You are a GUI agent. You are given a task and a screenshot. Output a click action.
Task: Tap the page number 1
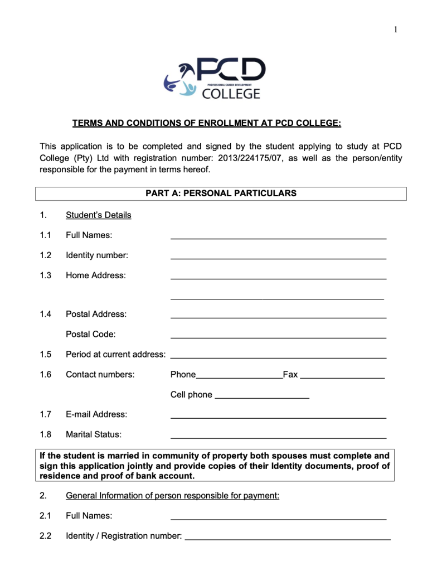click(x=396, y=30)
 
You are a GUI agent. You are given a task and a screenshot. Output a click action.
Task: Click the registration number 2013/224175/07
click(x=251, y=158)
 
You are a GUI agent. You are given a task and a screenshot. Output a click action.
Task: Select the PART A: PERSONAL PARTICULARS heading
click(x=221, y=193)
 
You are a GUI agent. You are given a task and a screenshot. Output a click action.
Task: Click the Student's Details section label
click(x=99, y=215)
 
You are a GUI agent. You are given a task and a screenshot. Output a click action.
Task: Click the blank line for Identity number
click(x=278, y=258)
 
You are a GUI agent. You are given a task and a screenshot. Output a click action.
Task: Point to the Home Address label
click(x=96, y=275)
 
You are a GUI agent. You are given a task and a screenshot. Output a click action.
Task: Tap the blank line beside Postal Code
click(x=278, y=337)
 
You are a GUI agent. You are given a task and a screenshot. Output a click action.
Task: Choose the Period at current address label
click(x=115, y=355)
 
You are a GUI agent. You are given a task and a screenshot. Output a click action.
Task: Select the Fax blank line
click(x=342, y=378)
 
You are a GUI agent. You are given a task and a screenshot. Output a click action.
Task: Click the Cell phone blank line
click(x=262, y=397)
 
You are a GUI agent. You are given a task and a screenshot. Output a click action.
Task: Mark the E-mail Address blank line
click(x=278, y=417)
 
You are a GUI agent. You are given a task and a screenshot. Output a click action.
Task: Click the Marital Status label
click(x=94, y=434)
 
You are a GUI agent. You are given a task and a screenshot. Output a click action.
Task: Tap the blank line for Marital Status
click(x=278, y=437)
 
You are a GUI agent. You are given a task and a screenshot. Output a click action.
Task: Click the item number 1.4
click(x=46, y=314)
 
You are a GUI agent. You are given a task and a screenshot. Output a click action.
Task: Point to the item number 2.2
click(x=46, y=536)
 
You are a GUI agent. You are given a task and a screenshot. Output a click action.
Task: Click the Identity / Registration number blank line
click(x=287, y=539)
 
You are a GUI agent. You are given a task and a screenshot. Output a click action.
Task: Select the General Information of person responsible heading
click(x=172, y=496)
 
